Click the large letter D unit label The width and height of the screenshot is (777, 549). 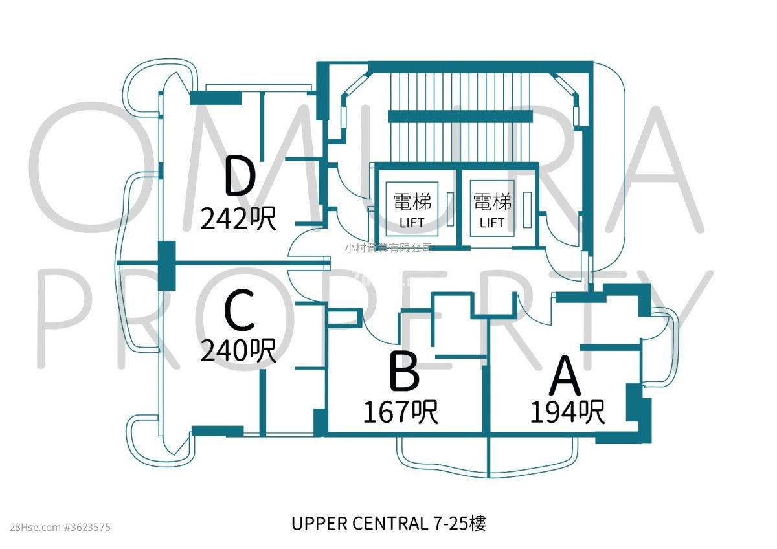click(240, 177)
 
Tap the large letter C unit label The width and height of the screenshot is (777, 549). click(240, 311)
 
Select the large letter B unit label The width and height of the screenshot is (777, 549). click(405, 372)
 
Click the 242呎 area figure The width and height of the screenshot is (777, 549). click(238, 219)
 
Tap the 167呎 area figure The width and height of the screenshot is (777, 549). click(400, 412)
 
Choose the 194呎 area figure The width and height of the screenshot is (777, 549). click(568, 412)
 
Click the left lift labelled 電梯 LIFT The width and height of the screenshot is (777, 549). click(412, 208)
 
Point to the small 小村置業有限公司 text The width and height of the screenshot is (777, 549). click(388, 247)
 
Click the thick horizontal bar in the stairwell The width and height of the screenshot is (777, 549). click(461, 117)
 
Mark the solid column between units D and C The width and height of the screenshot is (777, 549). click(167, 264)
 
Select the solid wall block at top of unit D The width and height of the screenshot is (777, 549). click(216, 98)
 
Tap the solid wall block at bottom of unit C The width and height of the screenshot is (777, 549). click(218, 431)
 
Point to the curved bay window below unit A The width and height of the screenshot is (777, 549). click(531, 456)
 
